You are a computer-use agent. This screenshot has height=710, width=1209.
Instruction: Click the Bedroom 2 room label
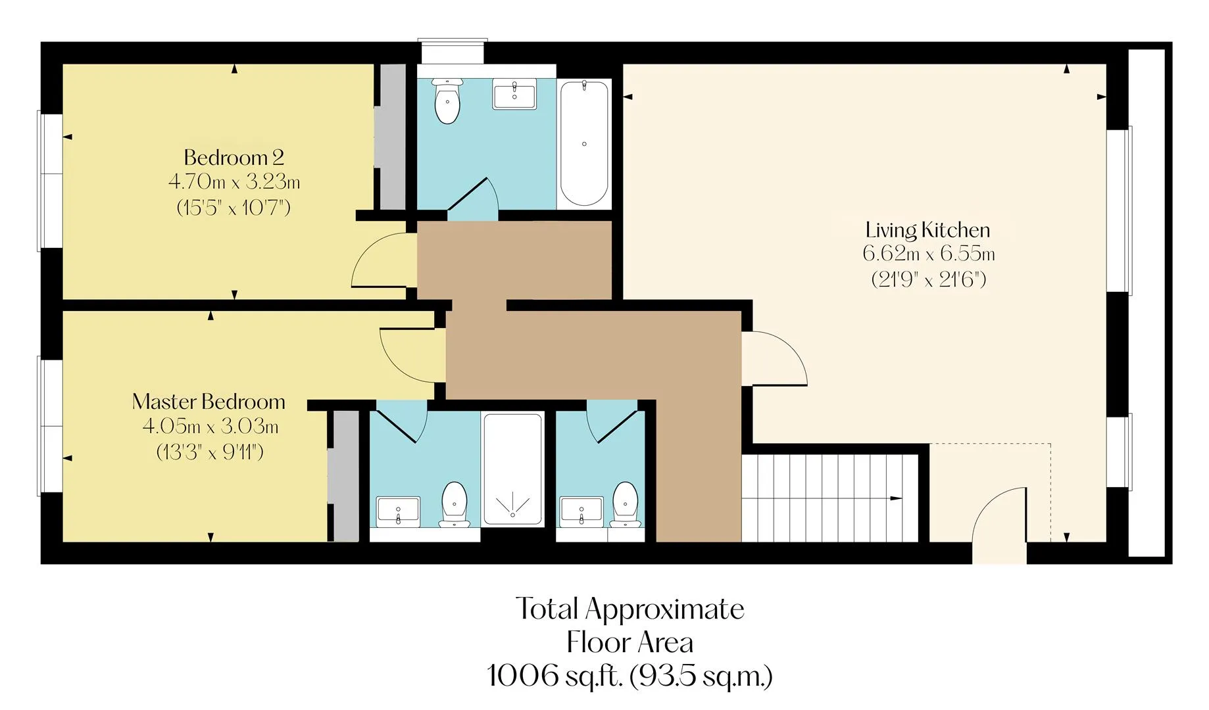(234, 157)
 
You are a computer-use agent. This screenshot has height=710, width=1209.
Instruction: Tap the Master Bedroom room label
(209, 401)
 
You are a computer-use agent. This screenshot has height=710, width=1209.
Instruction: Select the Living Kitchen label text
(927, 230)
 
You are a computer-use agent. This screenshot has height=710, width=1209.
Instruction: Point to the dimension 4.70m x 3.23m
(234, 181)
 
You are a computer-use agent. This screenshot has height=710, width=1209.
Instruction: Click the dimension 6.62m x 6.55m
(929, 254)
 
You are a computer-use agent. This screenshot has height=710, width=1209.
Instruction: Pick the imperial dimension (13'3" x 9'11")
(210, 452)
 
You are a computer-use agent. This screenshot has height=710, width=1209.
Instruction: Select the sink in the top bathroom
(514, 95)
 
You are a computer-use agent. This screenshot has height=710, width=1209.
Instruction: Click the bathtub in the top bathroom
(584, 143)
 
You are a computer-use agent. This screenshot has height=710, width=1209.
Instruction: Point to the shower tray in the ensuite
(513, 469)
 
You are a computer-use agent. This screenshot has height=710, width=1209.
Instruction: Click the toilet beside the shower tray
(454, 505)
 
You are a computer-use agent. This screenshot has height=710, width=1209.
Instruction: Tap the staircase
(830, 498)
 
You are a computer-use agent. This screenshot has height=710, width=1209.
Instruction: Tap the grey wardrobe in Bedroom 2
(393, 137)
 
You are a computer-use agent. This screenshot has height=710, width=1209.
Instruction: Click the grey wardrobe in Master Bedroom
(343, 477)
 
